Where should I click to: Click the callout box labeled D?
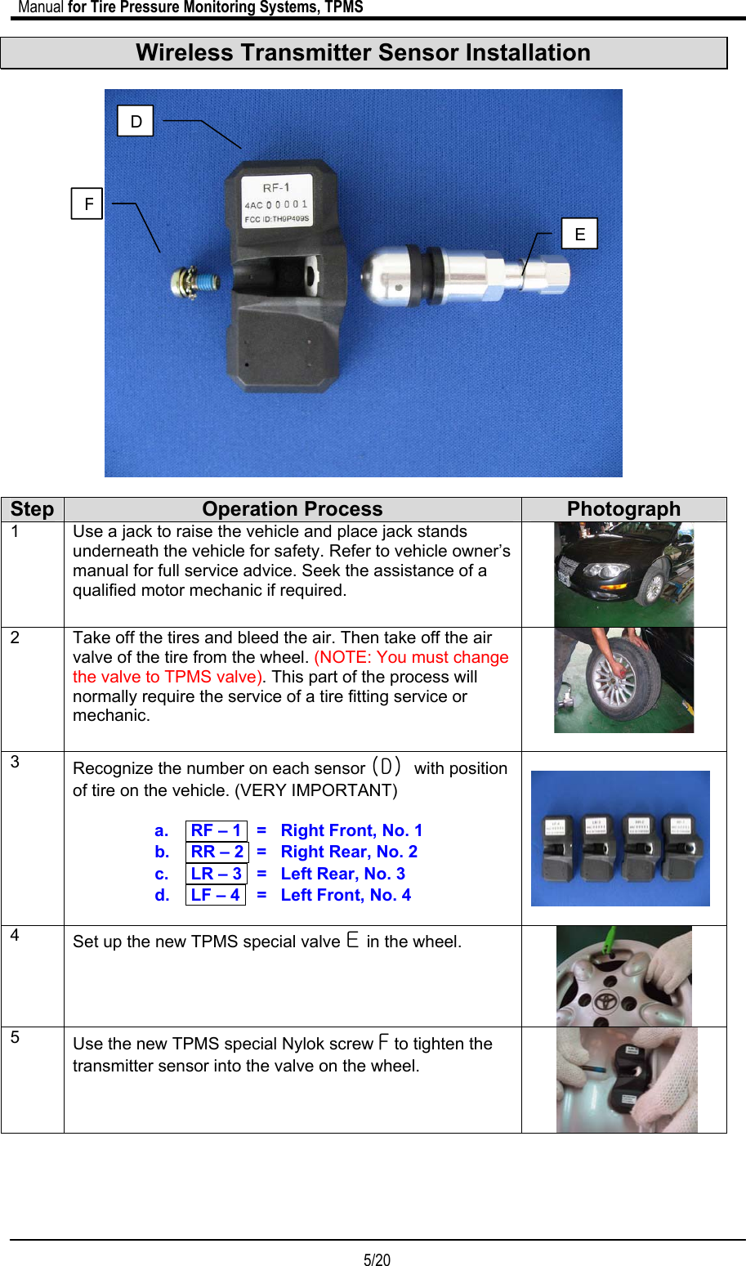point(136,121)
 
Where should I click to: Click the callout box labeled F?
point(87,204)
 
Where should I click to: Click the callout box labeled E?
point(579,234)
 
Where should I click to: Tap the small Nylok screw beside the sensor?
point(194,284)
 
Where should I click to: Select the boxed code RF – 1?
point(216,830)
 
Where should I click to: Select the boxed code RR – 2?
point(217,852)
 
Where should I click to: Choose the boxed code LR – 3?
point(216,874)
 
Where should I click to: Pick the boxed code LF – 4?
point(215,895)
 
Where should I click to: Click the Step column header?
point(33,509)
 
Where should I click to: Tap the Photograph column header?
point(623,509)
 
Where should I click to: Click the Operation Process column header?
point(293,509)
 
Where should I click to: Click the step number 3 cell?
point(33,838)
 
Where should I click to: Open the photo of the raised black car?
point(623,575)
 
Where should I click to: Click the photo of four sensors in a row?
point(620,839)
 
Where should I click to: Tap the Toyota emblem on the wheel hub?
point(605,1002)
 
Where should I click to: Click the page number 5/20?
point(377,1259)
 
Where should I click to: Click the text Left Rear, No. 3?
point(343,874)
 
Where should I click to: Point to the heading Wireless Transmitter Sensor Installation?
point(364,53)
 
